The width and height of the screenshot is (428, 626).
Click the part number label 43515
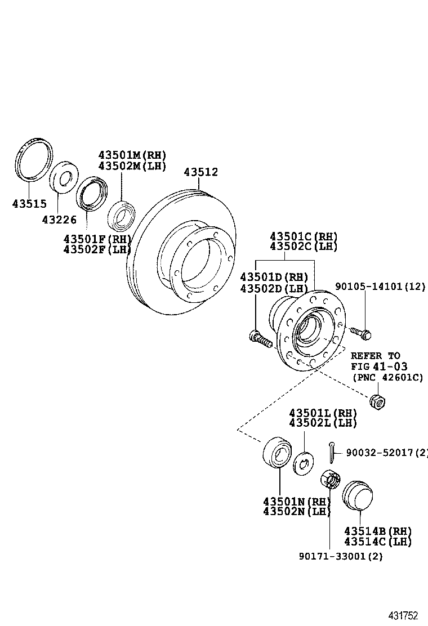click(x=29, y=204)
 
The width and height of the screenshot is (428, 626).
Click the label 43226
click(x=59, y=220)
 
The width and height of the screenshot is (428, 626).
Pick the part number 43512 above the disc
click(x=200, y=172)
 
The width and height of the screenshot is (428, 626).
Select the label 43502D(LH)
click(x=274, y=288)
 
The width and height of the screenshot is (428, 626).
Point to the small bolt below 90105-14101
click(x=360, y=332)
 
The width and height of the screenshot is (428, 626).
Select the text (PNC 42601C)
click(x=387, y=377)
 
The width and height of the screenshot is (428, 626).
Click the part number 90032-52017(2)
click(x=386, y=451)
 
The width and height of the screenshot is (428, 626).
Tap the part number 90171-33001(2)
click(x=341, y=556)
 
